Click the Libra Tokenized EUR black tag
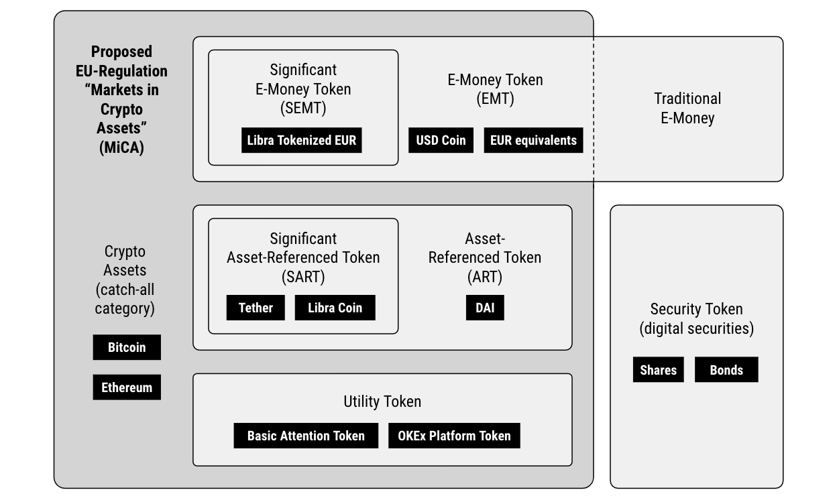pyautogui.click(x=302, y=140)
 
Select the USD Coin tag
pyautogui.click(x=441, y=140)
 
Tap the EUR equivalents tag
pyautogui.click(x=533, y=140)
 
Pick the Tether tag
pyautogui.click(x=256, y=308)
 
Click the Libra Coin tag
pyautogui.click(x=335, y=308)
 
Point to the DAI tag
pyautogui.click(x=485, y=308)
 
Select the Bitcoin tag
pyautogui.click(x=127, y=347)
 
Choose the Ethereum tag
pyautogui.click(x=127, y=387)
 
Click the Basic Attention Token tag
pyautogui.click(x=306, y=436)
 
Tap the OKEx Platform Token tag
pyautogui.click(x=455, y=436)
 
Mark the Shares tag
pyautogui.click(x=659, y=369)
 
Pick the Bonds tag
pyautogui.click(x=726, y=369)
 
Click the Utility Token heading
pyautogui.click(x=382, y=401)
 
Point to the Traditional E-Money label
pyautogui.click(x=687, y=109)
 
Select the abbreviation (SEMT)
pyautogui.click(x=303, y=108)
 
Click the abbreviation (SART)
pyautogui.click(x=303, y=277)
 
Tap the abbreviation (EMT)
pyautogui.click(x=496, y=99)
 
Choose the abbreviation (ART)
pyautogui.click(x=485, y=277)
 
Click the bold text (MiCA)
pyautogui.click(x=121, y=147)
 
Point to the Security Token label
pyautogui.click(x=697, y=309)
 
